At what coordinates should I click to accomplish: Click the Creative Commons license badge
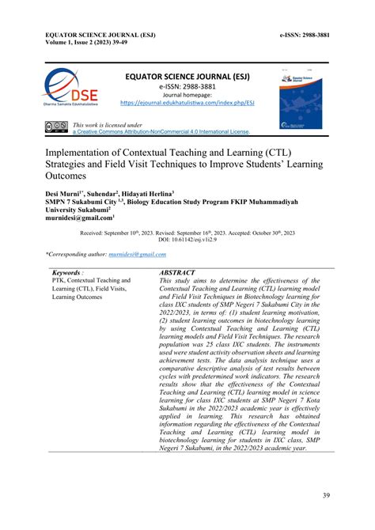click(57, 127)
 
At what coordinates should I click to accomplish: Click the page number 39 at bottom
click(326, 495)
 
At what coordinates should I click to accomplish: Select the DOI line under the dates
click(188, 238)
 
